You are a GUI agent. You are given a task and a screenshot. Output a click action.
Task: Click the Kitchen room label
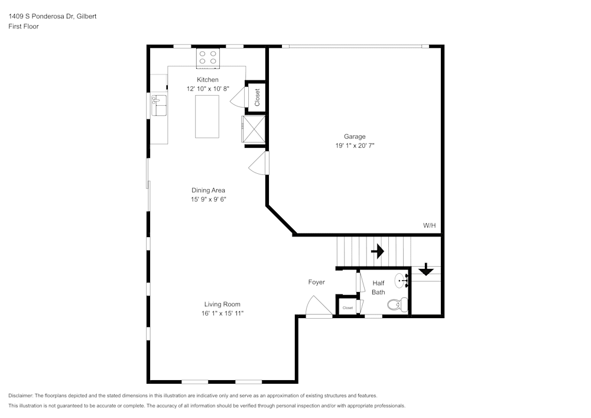pos(207,80)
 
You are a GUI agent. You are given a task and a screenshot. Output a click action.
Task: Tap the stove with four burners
pos(207,58)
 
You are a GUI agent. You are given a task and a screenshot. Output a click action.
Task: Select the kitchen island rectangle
pos(207,116)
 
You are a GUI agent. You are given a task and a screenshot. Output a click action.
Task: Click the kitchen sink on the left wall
pos(159,105)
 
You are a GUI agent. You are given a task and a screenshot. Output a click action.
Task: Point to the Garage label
pos(355,137)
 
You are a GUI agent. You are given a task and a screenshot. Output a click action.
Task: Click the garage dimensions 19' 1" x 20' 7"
pos(355,145)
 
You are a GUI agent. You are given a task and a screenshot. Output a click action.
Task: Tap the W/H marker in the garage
pos(429,225)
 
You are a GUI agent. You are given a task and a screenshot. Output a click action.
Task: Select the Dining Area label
pos(208,190)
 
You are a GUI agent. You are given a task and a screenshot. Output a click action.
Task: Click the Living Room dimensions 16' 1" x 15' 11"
pos(222,313)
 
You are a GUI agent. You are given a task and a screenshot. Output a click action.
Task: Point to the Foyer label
pos(317,282)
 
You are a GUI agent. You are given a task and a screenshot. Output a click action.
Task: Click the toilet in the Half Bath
pos(398,304)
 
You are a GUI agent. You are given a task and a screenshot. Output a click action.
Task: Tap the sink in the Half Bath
pos(402,281)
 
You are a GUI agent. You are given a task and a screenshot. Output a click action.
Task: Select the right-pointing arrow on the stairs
pos(378,251)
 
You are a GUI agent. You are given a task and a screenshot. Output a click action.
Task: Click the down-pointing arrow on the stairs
pos(426,269)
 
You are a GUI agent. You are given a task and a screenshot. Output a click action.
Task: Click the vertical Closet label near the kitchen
pos(257,97)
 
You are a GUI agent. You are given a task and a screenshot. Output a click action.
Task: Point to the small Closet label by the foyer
pos(348,308)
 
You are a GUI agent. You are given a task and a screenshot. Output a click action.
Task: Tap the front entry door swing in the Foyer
pos(319,306)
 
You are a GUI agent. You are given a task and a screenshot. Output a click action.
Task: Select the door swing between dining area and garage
pos(259,163)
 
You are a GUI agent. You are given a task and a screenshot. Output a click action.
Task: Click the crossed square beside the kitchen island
pos(254,129)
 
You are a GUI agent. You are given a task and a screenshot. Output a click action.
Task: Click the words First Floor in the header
pos(24,27)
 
